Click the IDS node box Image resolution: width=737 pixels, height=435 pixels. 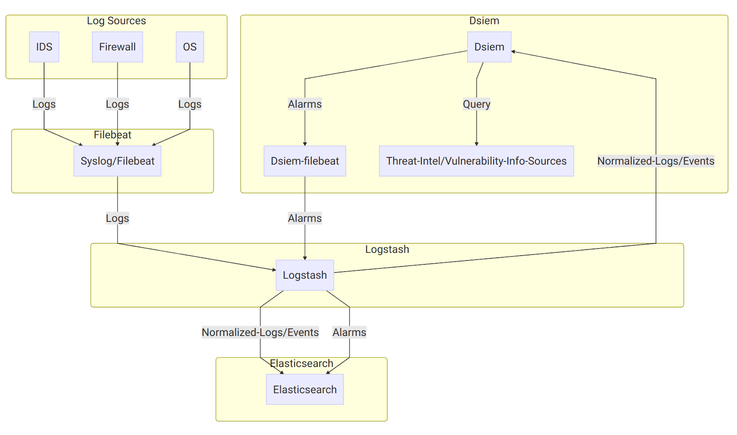tap(44, 47)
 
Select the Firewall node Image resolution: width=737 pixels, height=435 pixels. tap(117, 47)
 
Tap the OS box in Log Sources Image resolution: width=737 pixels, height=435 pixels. tap(190, 47)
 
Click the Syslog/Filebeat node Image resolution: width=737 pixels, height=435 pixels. tap(117, 161)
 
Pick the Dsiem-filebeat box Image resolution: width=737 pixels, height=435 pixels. tap(304, 161)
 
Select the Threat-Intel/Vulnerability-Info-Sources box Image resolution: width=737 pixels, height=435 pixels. tap(476, 161)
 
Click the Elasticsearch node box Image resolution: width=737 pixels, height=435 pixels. tap(304, 389)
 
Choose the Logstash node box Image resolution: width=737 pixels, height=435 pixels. tap(304, 275)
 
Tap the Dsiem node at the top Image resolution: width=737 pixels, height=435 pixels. tap(489, 47)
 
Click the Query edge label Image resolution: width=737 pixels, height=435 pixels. tap(476, 104)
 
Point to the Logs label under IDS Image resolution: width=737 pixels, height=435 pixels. tap(44, 104)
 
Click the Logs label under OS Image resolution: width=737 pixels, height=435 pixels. tap(190, 104)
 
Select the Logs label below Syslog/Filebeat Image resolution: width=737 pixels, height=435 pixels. tap(117, 218)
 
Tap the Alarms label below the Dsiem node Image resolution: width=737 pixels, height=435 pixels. tap(304, 104)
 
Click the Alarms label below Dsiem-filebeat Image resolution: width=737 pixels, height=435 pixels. tap(304, 218)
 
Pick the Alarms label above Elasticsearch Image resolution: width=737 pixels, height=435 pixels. tap(349, 332)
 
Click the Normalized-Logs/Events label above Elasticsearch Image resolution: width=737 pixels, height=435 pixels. tap(260, 332)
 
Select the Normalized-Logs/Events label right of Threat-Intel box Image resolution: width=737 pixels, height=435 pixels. tap(655, 161)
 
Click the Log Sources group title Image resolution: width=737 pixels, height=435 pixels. tap(116, 21)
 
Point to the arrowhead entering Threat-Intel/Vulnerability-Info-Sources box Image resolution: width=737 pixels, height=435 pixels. tap(476, 144)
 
